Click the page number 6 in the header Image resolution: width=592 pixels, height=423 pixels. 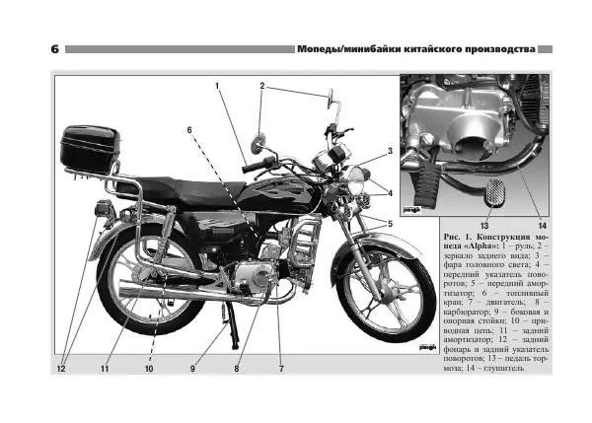click(x=54, y=49)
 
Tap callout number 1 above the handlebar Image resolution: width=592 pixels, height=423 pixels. click(x=217, y=86)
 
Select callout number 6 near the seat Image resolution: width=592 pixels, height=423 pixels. click(x=189, y=130)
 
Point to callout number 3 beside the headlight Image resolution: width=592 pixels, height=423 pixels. click(x=390, y=151)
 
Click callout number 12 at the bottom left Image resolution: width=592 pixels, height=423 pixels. click(x=61, y=369)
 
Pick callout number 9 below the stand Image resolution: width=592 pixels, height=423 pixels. click(x=192, y=369)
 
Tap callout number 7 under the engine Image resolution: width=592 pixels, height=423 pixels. click(x=281, y=369)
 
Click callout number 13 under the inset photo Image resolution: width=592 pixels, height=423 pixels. click(x=484, y=226)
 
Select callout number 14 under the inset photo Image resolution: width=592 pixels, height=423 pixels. click(x=542, y=226)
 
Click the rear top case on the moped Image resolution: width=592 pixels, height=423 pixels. click(x=90, y=148)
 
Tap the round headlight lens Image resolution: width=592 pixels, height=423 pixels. click(x=355, y=180)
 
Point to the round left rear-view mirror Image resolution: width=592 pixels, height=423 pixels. click(x=259, y=143)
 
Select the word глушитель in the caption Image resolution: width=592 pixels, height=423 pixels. click(x=504, y=368)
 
